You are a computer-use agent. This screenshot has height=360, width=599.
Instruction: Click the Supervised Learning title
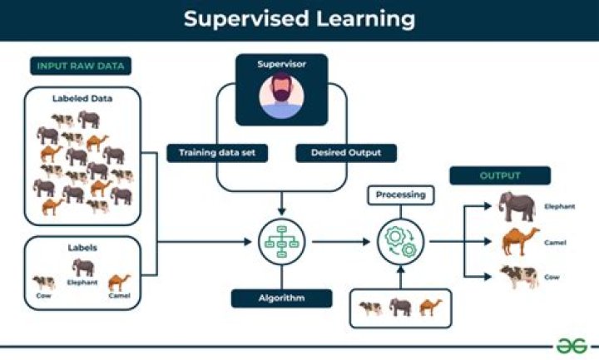point(299,19)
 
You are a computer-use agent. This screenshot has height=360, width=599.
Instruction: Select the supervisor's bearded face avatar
point(281,97)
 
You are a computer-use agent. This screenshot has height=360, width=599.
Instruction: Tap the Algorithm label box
point(281,298)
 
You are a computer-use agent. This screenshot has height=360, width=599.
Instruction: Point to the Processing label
point(400,195)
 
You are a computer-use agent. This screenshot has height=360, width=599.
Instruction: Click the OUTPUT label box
point(499,176)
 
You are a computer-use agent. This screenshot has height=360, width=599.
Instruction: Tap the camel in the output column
point(520,241)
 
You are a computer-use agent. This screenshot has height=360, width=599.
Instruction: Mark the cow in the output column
point(519,276)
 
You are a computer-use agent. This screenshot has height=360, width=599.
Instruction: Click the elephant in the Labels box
point(83,267)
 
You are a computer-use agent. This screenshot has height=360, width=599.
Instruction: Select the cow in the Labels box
point(43,283)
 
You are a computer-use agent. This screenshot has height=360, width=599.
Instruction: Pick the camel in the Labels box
point(119,282)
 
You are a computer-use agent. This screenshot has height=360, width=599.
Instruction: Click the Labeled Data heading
point(82,99)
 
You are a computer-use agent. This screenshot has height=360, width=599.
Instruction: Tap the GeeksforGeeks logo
point(572,345)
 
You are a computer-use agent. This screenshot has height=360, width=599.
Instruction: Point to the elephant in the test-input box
point(400,308)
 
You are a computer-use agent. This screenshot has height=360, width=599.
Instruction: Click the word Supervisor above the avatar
point(281,63)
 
